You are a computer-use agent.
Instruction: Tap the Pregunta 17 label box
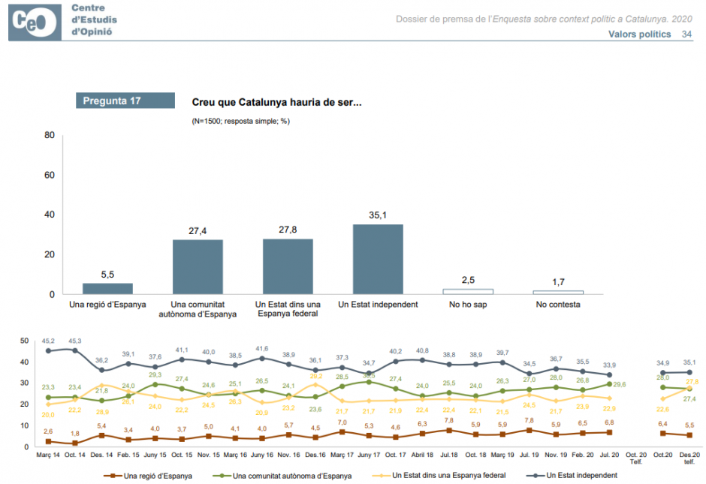tap(125, 100)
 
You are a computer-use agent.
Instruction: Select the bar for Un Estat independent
tap(378, 259)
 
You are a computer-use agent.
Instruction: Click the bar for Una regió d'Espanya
tap(107, 288)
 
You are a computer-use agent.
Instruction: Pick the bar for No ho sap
tap(467, 291)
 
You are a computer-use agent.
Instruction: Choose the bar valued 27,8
tap(288, 266)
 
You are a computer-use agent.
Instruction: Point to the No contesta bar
tap(558, 292)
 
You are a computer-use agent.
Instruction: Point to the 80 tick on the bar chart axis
tap(50, 136)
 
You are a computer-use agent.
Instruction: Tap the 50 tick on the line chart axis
tap(24, 341)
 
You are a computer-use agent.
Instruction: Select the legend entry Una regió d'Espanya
tap(153, 475)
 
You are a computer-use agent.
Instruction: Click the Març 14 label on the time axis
tap(48, 455)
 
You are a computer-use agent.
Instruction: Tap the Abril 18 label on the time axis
tap(421, 455)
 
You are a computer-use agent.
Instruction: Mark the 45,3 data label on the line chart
tap(74, 340)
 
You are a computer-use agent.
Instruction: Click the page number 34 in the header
tap(686, 35)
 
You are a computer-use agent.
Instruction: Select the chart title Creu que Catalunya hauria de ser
tap(276, 102)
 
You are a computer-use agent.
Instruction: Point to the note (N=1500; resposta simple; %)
tap(240, 120)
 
